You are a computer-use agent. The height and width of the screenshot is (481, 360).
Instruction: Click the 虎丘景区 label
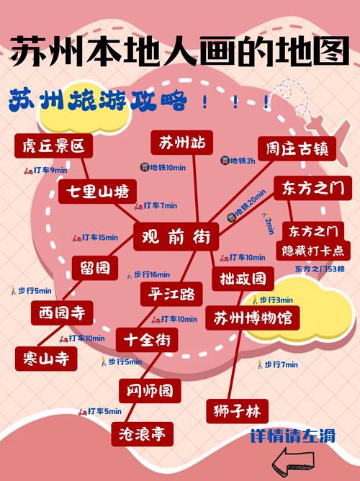coord(53,146)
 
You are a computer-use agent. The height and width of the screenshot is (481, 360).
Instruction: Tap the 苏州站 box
coord(182,143)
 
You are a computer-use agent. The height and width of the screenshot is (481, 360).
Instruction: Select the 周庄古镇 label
coord(296,148)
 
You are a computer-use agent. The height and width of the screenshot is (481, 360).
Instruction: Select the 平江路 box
coord(171,295)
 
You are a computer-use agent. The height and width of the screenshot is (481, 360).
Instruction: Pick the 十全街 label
coord(146,339)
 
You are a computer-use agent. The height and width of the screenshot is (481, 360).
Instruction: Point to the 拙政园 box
coord(242,278)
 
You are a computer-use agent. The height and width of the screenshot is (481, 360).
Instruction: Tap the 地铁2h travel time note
coord(238,161)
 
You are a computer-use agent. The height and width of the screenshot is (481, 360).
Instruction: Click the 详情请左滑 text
coord(292,436)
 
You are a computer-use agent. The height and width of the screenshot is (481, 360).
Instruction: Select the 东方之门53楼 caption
coord(320,269)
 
